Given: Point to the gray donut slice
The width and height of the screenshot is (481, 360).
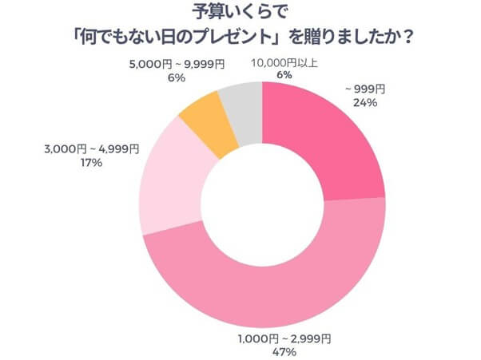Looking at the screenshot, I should tap(240, 101).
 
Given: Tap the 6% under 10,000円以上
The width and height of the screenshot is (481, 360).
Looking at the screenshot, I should tap(283, 77).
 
